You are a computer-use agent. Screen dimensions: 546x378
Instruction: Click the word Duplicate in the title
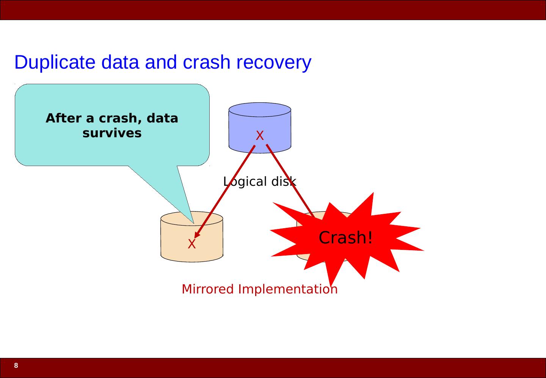pyautogui.click(x=55, y=63)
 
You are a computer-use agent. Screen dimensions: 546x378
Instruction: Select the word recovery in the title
pyautogui.click(x=274, y=63)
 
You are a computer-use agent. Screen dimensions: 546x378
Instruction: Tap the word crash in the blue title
pyautogui.click(x=206, y=63)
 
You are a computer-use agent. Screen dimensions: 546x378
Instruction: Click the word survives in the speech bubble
pyautogui.click(x=112, y=133)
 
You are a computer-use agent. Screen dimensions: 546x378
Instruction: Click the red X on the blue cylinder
pyautogui.click(x=260, y=135)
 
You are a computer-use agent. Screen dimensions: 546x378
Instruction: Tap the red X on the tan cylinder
pyautogui.click(x=191, y=244)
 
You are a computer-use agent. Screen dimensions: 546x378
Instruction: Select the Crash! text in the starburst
pyautogui.click(x=346, y=237)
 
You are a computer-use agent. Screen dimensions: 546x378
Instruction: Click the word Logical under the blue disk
pyautogui.click(x=245, y=182)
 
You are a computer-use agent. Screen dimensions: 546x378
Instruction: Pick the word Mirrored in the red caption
pyautogui.click(x=208, y=289)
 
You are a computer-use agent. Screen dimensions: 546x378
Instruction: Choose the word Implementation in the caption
pyautogui.click(x=288, y=290)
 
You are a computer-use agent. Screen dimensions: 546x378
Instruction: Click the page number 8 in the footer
pyautogui.click(x=16, y=365)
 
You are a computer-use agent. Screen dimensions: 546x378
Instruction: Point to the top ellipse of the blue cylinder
pyautogui.click(x=260, y=110)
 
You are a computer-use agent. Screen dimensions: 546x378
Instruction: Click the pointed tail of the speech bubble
pyautogui.click(x=193, y=223)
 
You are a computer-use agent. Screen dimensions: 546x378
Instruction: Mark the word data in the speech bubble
pyautogui.click(x=162, y=118)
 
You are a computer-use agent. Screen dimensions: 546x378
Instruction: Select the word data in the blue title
pyautogui.click(x=120, y=63)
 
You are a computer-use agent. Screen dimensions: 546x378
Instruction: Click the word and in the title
pyautogui.click(x=161, y=63)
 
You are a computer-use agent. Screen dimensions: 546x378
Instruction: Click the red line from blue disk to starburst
pyautogui.click(x=290, y=182)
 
